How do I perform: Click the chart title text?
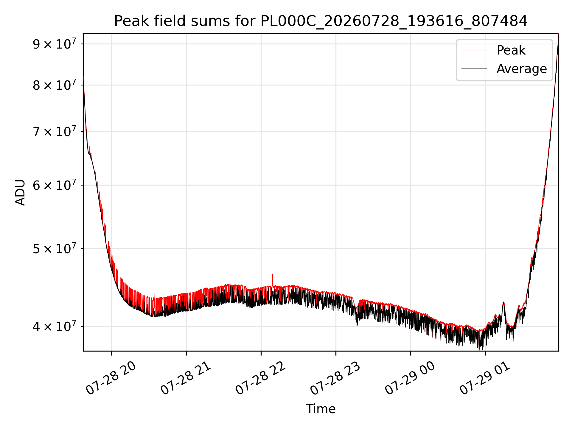321,21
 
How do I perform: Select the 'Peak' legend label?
511,50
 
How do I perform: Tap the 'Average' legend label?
522,69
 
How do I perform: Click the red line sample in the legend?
474,50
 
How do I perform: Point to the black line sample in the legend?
474,69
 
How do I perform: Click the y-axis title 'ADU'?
20,192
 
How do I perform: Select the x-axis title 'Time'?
321,409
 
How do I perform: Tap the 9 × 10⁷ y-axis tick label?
54,44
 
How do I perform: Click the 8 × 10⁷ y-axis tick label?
54,85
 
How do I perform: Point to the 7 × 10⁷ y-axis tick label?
54,131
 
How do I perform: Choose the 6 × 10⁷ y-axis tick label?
54,185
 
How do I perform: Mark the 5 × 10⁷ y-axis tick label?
54,248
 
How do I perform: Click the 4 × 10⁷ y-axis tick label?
54,326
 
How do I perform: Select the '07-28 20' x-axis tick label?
111,378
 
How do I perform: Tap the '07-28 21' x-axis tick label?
185,378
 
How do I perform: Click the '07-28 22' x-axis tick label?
260,378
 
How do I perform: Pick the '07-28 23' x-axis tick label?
335,378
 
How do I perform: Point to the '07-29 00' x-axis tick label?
410,378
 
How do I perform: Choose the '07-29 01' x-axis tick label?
484,378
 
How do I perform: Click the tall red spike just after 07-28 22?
272,280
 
